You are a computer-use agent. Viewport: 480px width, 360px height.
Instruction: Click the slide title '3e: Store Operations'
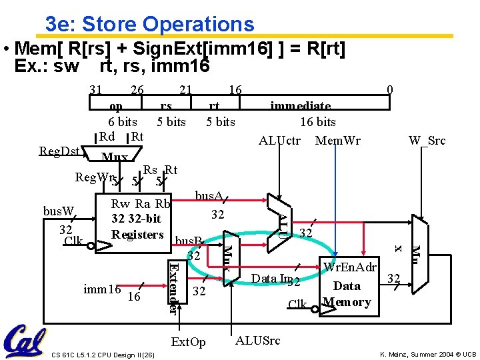(x=149, y=24)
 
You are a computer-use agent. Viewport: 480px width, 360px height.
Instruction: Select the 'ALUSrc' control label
(x=257, y=341)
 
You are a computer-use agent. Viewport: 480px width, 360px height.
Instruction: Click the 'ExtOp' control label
(x=189, y=342)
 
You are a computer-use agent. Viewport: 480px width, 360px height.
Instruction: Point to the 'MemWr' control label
(x=337, y=140)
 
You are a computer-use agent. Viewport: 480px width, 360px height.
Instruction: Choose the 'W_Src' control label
(x=427, y=140)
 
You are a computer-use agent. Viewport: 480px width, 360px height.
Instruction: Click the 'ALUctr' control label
(x=279, y=140)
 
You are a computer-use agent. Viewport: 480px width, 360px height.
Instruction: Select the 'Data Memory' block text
(x=347, y=293)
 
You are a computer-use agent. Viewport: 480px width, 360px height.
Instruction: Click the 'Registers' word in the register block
(x=137, y=234)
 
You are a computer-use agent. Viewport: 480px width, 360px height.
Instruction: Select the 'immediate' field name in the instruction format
(x=300, y=105)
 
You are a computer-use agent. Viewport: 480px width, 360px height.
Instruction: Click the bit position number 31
(x=96, y=89)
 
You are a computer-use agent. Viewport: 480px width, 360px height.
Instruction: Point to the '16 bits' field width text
(x=317, y=121)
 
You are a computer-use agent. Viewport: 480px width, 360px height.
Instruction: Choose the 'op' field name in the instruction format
(x=115, y=105)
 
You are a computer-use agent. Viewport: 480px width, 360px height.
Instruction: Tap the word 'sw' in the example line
(x=67, y=66)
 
